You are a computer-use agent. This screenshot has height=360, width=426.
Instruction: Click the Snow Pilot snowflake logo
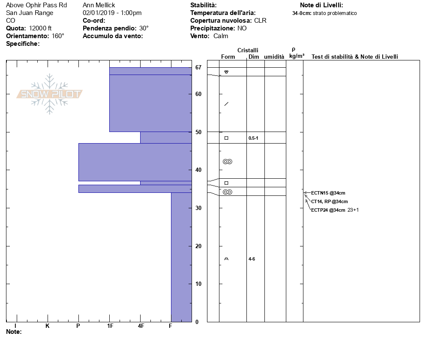(49, 94)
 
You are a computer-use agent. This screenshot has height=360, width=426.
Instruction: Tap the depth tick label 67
(198, 67)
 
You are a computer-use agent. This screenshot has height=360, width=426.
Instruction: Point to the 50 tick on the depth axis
(198, 132)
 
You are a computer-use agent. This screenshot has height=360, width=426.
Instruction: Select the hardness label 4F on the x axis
(141, 326)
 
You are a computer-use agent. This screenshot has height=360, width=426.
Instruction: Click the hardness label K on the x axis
(47, 326)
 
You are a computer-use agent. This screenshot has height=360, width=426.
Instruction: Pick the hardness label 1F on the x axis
(110, 326)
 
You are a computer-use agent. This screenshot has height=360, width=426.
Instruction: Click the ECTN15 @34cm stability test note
(328, 193)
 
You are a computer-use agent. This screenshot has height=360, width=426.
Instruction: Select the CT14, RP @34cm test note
(329, 201)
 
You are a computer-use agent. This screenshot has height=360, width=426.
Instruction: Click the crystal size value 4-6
(252, 259)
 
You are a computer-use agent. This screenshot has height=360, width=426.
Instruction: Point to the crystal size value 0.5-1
(253, 138)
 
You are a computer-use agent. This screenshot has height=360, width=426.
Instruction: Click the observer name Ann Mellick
(99, 5)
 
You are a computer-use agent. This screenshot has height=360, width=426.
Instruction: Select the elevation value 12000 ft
(40, 28)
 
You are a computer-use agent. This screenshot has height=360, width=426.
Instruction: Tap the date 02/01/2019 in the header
(99, 13)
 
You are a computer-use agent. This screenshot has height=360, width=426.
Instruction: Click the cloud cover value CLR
(260, 21)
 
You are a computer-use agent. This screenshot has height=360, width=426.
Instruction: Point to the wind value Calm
(221, 36)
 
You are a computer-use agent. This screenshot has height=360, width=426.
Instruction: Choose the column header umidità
(274, 57)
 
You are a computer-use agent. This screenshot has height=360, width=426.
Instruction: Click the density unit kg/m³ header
(297, 56)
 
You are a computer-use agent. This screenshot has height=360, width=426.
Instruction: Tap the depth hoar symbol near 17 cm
(226, 259)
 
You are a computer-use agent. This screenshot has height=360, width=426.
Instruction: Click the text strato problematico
(335, 13)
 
